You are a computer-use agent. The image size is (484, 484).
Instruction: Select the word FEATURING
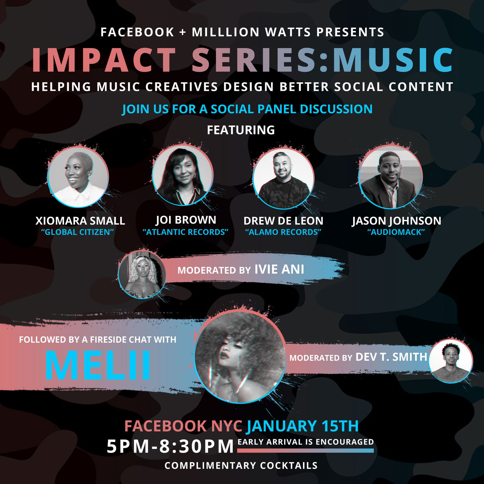(x=241, y=130)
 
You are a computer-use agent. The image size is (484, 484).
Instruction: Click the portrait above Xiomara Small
(x=78, y=177)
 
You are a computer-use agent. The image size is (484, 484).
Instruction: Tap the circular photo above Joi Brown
(x=183, y=175)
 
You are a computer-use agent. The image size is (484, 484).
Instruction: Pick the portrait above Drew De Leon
(x=283, y=178)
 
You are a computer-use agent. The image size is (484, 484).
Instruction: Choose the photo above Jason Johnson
(x=391, y=177)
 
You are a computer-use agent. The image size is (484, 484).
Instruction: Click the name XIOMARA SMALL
(x=80, y=221)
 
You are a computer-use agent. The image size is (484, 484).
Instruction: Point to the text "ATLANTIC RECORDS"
(x=185, y=232)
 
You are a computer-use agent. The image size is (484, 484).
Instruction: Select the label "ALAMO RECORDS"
(x=283, y=232)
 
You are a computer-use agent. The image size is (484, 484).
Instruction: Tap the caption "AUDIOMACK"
(x=396, y=232)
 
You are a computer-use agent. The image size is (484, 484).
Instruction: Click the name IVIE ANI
(x=279, y=269)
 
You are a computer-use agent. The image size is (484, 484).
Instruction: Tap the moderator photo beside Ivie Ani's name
(x=142, y=274)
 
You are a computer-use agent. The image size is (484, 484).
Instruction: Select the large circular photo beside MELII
(x=240, y=357)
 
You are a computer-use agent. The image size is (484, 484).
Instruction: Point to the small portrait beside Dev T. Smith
(x=451, y=361)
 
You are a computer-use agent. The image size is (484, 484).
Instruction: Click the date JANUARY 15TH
(x=302, y=426)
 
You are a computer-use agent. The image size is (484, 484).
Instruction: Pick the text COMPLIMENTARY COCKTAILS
(x=241, y=465)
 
